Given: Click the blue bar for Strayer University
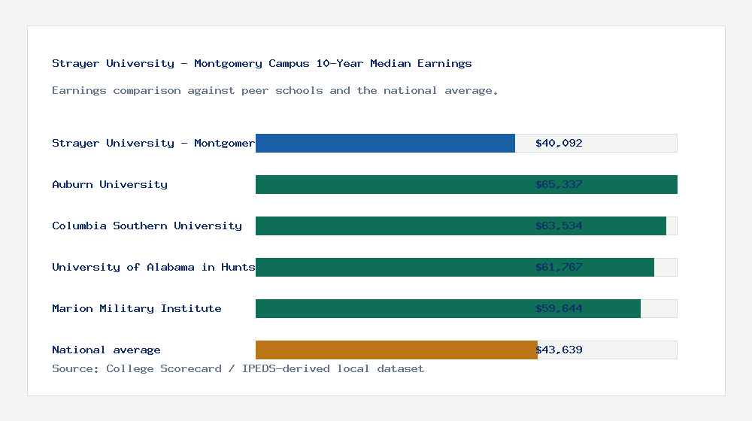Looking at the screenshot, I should point(385,143).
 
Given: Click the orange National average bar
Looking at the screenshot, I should point(396,350).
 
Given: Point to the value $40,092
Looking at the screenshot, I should point(559,143).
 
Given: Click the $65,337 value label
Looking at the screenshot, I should point(559,184).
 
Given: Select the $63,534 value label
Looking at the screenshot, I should point(559,226).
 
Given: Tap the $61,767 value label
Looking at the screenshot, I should point(559,267).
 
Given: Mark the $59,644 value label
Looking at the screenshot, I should point(559,308).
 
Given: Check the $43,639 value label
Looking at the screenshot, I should point(559,350).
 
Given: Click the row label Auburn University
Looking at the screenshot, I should point(110,184).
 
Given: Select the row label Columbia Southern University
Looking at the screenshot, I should point(147,226).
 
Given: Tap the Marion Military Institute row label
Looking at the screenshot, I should point(137,308).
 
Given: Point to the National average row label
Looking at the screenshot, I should point(106,350).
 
